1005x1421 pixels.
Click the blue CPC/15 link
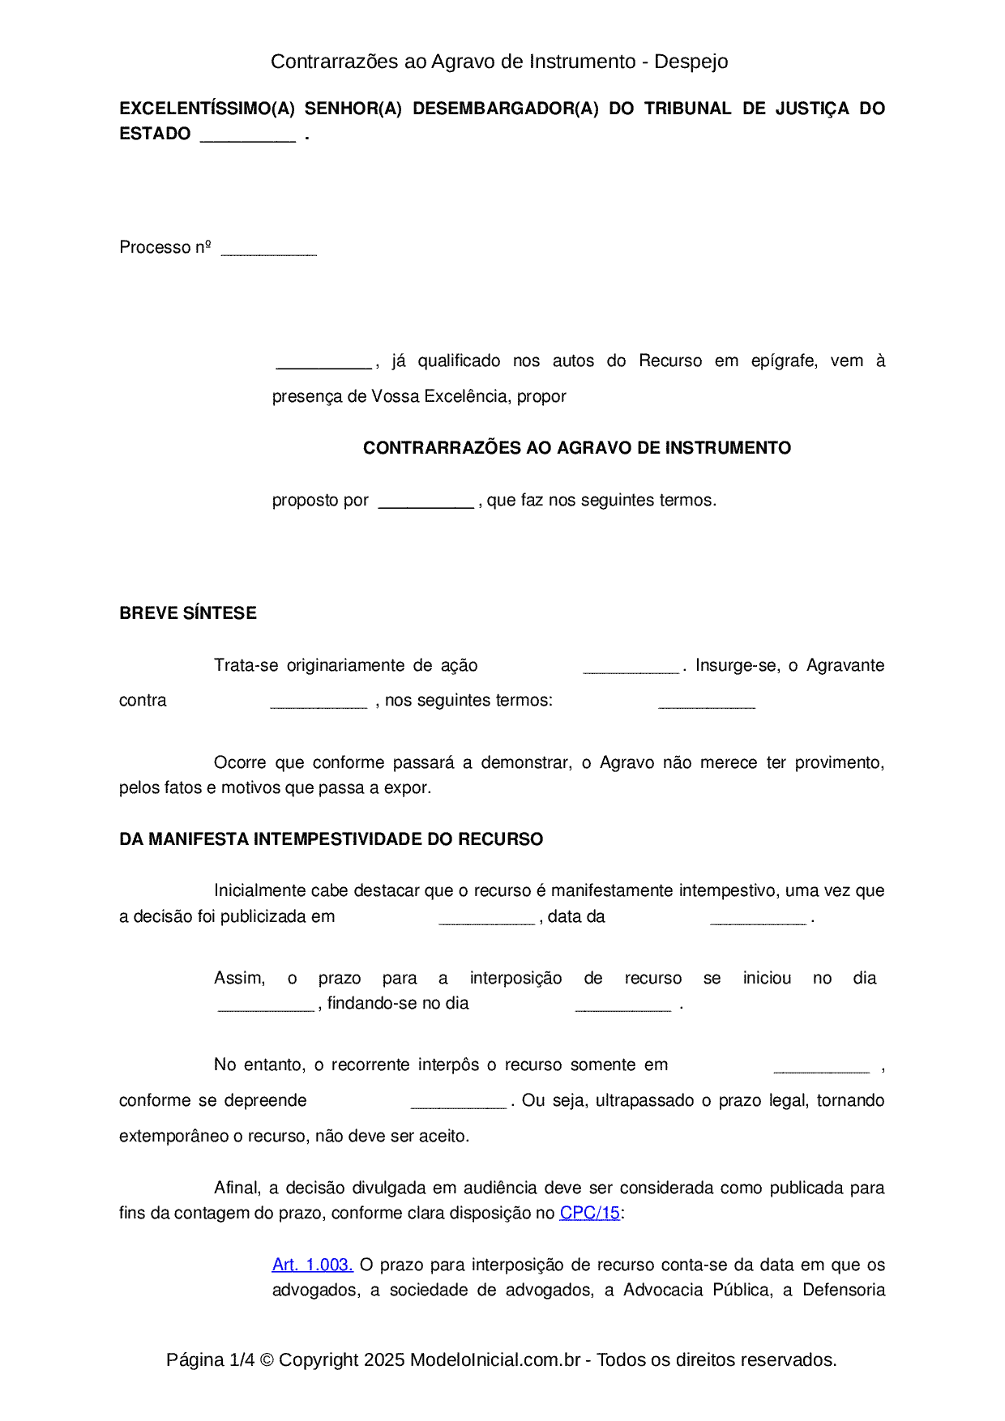(589, 1213)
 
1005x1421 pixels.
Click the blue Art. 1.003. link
(312, 1265)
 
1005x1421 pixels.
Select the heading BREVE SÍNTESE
(188, 613)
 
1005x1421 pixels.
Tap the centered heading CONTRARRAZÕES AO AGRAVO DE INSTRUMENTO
(576, 448)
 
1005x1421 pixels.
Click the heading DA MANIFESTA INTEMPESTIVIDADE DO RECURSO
(331, 839)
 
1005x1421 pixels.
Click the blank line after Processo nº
(268, 250)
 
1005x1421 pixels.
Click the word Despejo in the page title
(691, 62)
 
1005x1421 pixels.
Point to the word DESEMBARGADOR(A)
(505, 109)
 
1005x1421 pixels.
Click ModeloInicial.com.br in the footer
(495, 1359)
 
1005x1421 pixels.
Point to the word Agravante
(845, 665)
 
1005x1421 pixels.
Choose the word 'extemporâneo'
(173, 1136)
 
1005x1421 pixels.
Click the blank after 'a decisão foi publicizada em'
(486, 920)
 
